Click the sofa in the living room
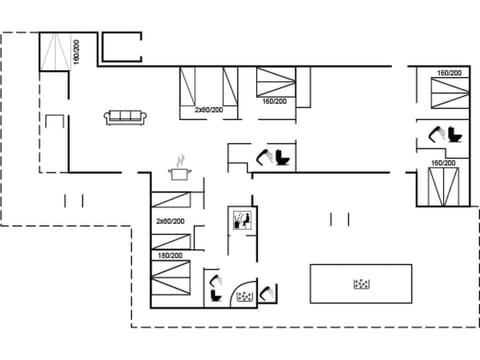pos(126,117)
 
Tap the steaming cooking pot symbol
pos(180,170)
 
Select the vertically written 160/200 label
pos(76,53)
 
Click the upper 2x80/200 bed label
pos(208,110)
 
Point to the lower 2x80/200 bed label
pos(170,221)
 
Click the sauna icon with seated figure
pos(240,220)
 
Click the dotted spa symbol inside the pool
pos(361,284)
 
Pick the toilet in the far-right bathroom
pos(456,133)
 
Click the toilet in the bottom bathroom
pos(216,293)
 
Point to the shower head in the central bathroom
pos(265,154)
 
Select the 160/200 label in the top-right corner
pos(449,73)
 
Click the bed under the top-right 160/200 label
pos(447,94)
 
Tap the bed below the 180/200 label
pos(171,280)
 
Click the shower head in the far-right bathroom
pos(436,131)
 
